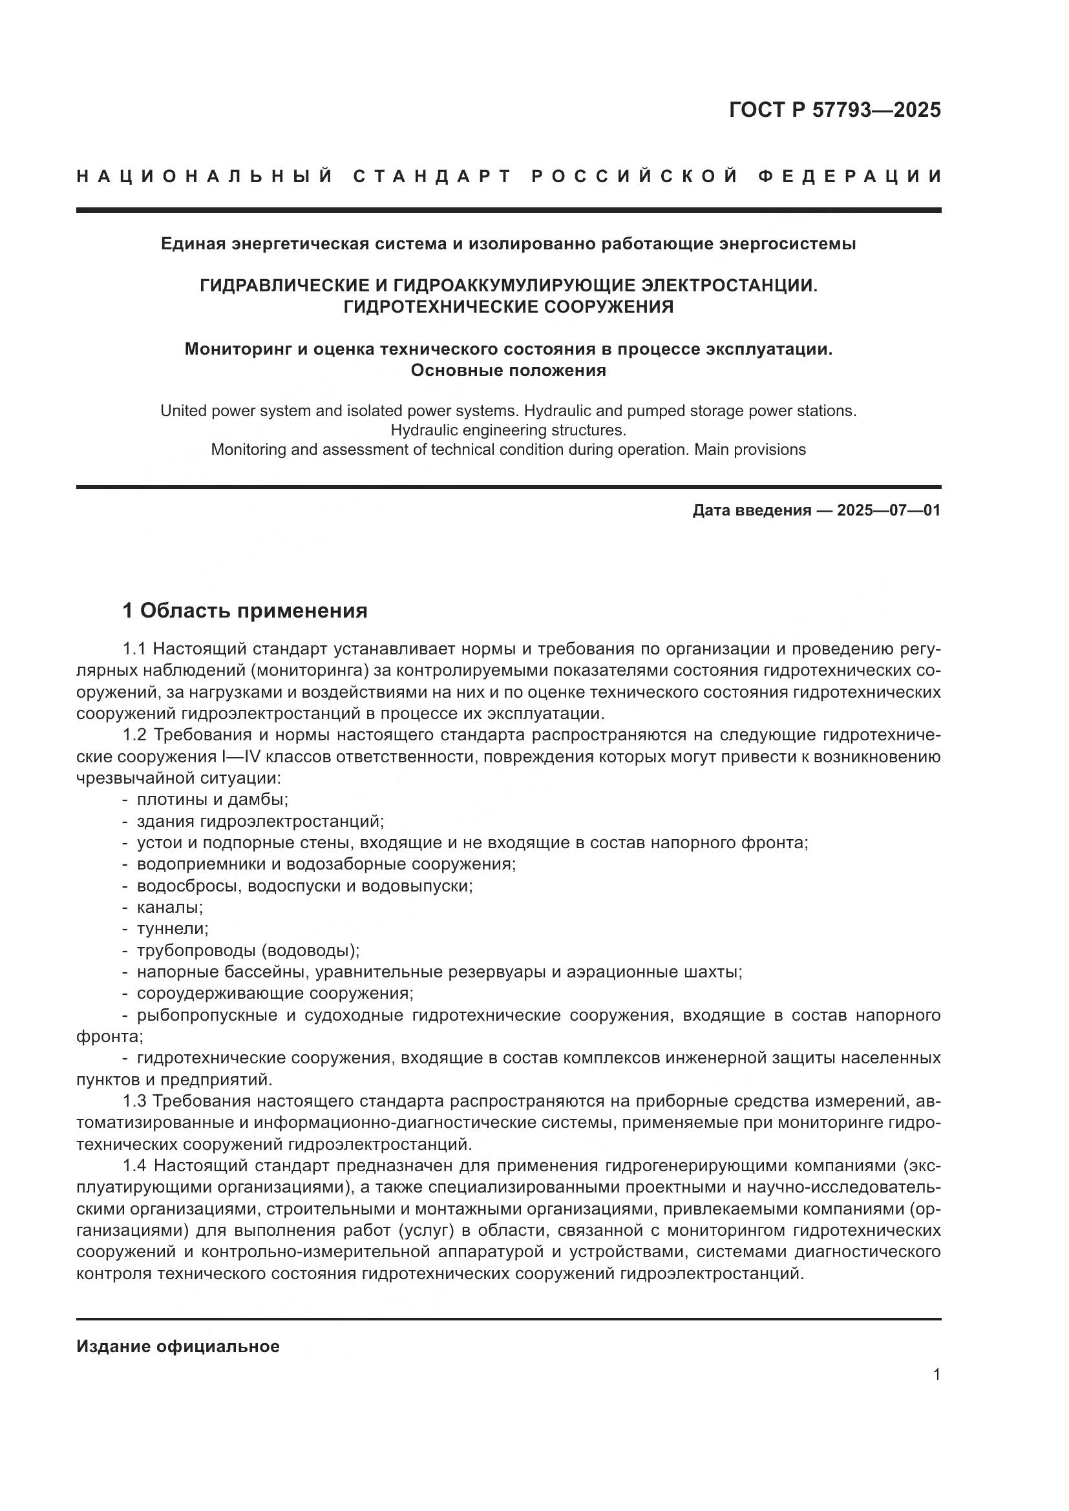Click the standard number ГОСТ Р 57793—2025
tap(834, 110)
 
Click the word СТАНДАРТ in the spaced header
tap(432, 176)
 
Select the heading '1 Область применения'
tap(245, 610)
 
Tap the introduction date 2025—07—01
tap(889, 510)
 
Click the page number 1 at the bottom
tap(937, 1375)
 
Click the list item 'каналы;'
tap(170, 908)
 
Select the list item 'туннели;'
tap(173, 929)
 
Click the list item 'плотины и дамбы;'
tap(213, 800)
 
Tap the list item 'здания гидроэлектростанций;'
tap(260, 821)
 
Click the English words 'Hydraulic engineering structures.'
tap(508, 430)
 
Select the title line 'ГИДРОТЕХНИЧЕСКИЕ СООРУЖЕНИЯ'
tap(508, 307)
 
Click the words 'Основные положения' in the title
tap(508, 371)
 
